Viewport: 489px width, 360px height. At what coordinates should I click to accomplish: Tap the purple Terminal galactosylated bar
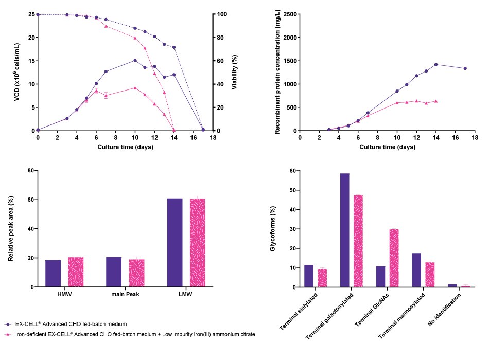tap(344, 230)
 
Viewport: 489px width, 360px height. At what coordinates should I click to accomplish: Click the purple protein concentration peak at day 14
tap(436, 64)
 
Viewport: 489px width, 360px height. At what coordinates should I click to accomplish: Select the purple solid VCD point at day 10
tap(135, 60)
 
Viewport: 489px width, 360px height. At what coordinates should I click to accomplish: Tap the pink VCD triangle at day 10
tap(135, 88)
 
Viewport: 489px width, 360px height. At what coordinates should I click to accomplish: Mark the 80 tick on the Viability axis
tap(222, 38)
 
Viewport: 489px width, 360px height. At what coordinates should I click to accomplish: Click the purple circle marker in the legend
tap(7, 323)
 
